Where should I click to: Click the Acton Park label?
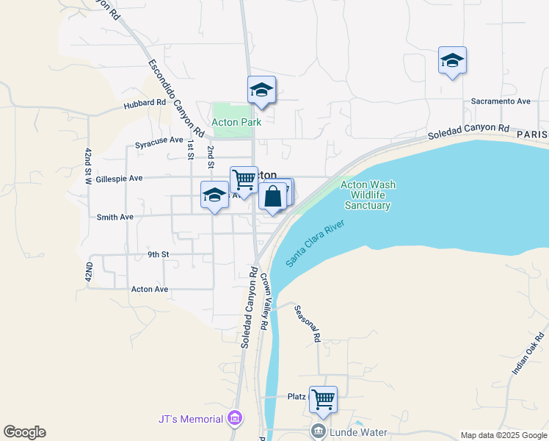coord(236,122)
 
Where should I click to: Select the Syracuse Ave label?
coord(159,140)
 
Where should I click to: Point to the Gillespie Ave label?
coord(119,179)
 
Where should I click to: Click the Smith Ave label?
coord(115,217)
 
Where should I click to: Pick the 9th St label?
coord(159,254)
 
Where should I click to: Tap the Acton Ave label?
coord(150,289)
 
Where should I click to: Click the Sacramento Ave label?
coord(501,101)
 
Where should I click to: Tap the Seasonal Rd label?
coord(308,324)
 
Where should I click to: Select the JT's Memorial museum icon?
coord(235,419)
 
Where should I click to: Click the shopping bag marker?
coord(272,197)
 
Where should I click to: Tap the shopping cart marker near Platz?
coord(323,401)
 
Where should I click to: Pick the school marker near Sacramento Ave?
coord(452,62)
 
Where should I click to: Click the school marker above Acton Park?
coord(261,91)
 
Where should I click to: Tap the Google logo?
coord(24,432)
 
